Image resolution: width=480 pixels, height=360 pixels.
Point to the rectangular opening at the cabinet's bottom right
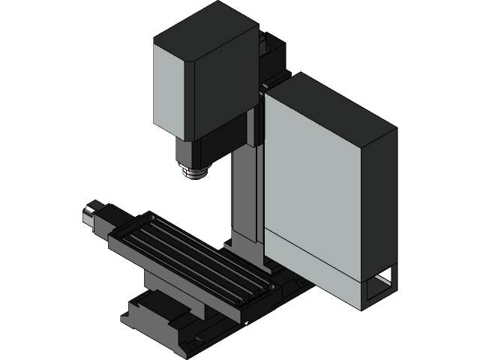pyautogui.click(x=378, y=286)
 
